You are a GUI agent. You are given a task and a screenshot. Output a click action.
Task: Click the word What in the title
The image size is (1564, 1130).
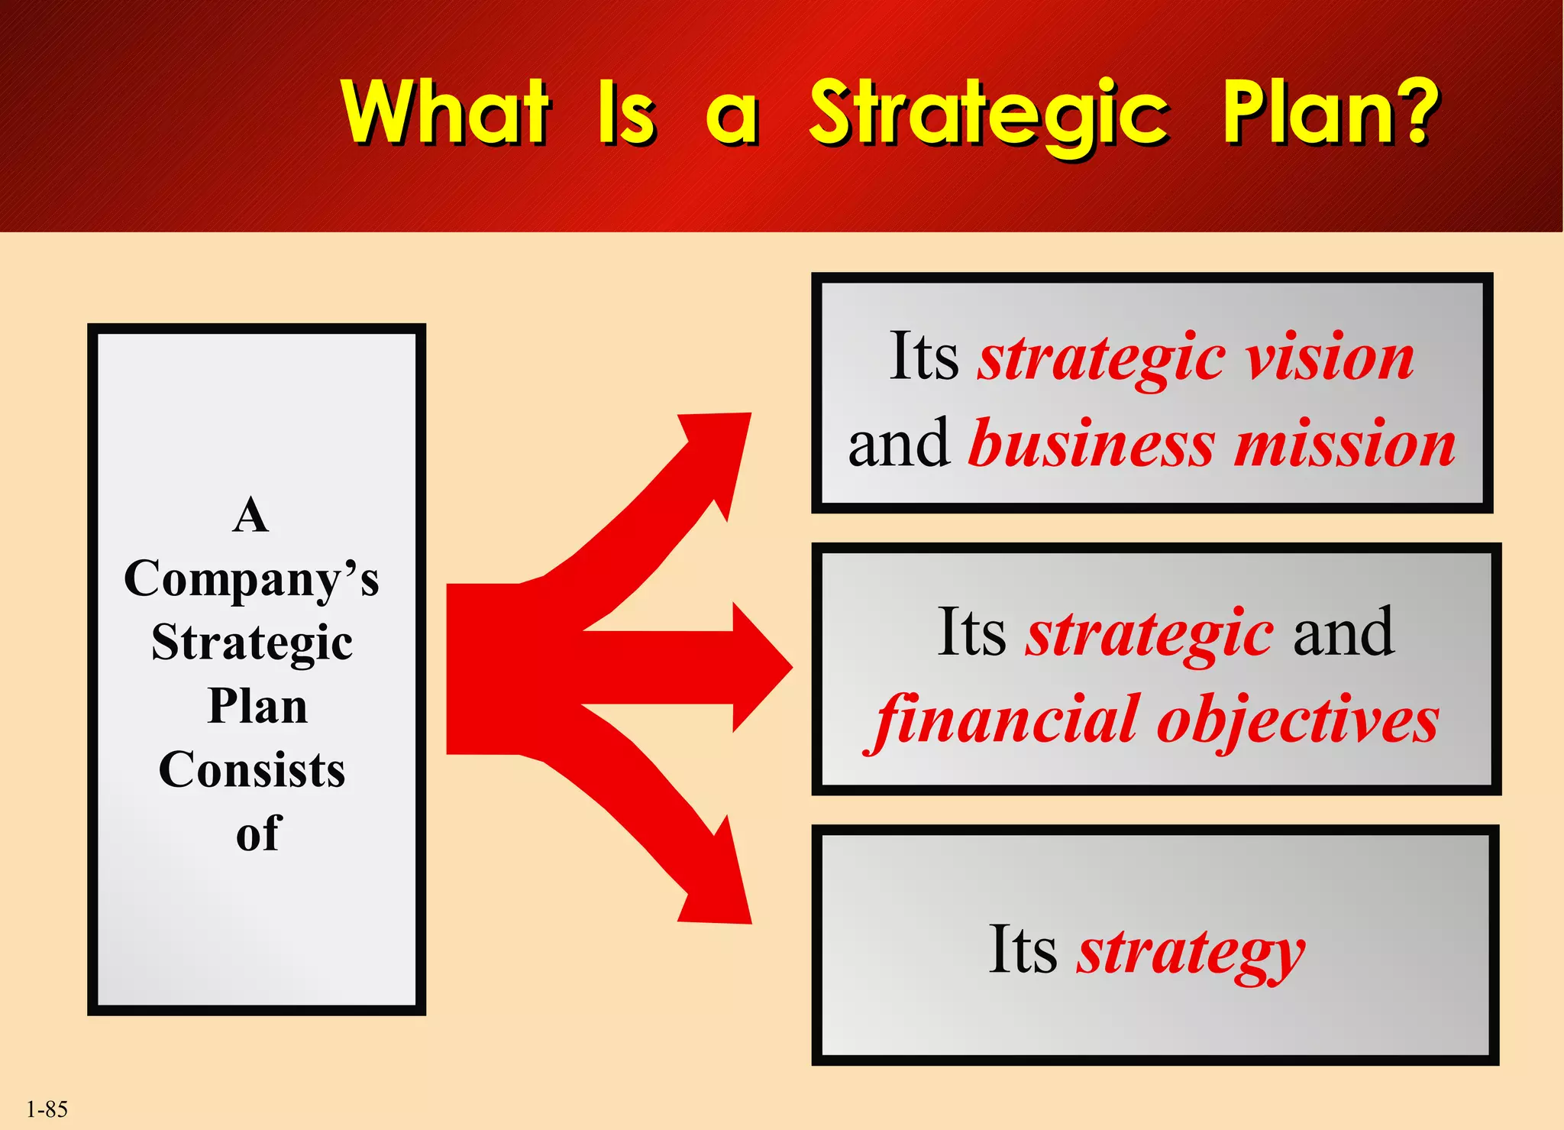445,113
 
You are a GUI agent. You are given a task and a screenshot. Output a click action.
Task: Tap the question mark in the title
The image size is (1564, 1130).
1418,113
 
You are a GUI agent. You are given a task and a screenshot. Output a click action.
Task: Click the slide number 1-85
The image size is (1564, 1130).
47,1109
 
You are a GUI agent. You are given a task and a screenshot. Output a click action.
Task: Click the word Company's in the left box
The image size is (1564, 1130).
251,579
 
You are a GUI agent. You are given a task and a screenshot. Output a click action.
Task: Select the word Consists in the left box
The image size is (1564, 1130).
251,769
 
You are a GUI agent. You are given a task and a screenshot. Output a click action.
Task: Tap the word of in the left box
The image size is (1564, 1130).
258,833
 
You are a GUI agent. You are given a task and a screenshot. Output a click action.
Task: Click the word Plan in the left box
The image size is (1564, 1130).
257,706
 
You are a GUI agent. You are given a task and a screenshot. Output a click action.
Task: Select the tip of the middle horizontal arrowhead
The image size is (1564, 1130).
791,667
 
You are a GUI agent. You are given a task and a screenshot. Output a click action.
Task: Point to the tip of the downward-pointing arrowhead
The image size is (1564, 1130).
750,921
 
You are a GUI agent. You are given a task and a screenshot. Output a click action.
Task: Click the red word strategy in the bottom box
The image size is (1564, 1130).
1191,952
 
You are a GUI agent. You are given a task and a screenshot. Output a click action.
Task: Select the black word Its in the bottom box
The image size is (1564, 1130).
1023,950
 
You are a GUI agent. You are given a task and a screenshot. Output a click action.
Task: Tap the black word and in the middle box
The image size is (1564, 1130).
1343,633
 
